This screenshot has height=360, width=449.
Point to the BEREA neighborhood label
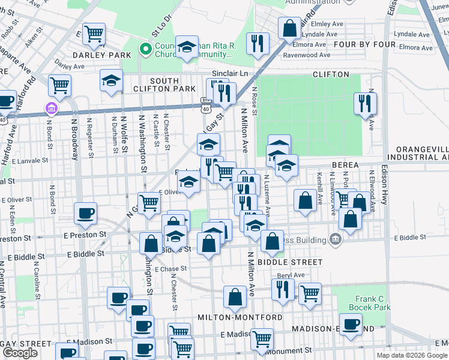click(x=345, y=164)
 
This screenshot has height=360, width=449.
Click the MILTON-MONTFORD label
click(x=240, y=317)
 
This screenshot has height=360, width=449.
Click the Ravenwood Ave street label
click(x=307, y=55)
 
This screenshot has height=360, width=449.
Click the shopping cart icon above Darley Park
click(x=94, y=34)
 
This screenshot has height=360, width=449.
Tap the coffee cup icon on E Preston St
click(x=86, y=212)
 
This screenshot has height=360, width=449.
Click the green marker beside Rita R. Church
click(x=144, y=49)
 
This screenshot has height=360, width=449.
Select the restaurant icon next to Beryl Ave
click(x=282, y=289)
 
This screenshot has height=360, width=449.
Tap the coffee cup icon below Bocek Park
click(x=351, y=323)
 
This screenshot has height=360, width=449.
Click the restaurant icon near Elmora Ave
click(x=258, y=43)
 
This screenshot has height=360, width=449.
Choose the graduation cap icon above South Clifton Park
click(x=111, y=81)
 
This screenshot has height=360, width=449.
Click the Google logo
click(x=20, y=353)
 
